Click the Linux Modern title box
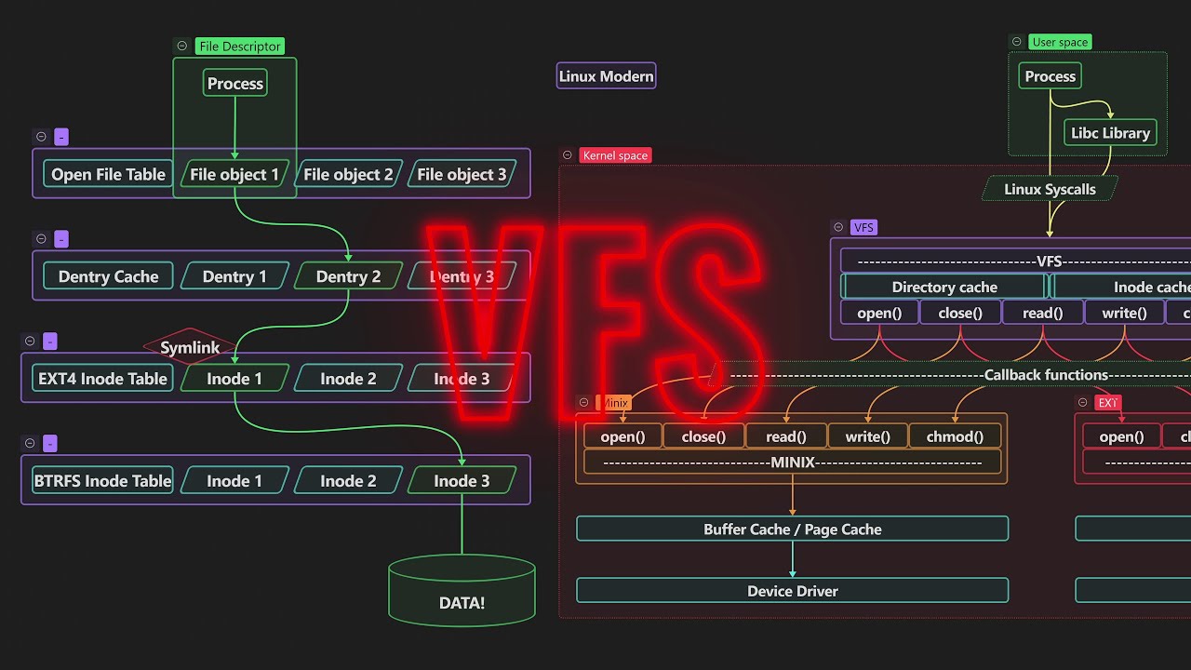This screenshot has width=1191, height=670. coord(607,76)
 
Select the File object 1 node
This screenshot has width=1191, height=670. coord(234,174)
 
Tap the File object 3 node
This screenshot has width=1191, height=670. coord(462,174)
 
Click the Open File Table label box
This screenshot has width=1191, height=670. coord(108,174)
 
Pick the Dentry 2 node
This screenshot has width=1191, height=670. coord(348,276)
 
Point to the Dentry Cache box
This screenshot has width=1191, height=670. coord(108,276)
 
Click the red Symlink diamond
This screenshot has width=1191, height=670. coord(190,347)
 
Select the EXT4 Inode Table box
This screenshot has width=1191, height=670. coord(102,379)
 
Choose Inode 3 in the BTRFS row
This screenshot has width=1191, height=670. coord(462,481)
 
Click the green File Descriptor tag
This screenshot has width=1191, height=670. coord(239,47)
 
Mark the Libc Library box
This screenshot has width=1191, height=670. coord(1110,133)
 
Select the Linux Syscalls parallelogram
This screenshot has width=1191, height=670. coord(1050,189)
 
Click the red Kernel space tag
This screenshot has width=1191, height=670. coord(614,155)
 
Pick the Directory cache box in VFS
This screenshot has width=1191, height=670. coord(943,288)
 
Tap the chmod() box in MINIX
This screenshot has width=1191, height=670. coord(955,436)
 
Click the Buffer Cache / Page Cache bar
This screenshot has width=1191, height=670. coord(792,529)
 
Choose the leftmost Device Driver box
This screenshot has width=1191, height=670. coord(792,591)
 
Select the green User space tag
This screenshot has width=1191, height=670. coord(1060,42)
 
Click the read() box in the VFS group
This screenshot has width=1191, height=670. coord(1042,313)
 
